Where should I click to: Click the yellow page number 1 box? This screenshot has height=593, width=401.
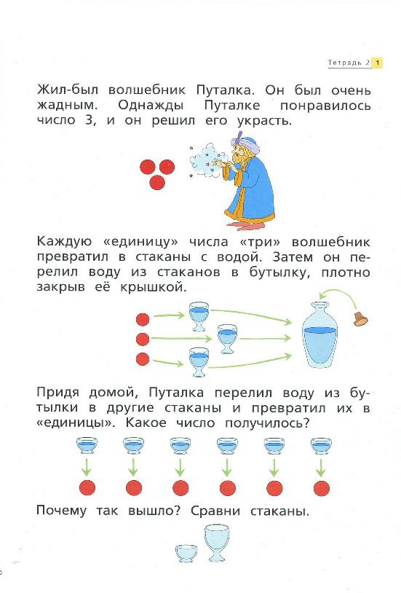(378, 63)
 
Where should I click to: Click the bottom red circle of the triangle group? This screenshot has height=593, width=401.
(156, 182)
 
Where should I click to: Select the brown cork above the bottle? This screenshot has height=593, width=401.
(360, 318)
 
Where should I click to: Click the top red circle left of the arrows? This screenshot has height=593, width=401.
(143, 318)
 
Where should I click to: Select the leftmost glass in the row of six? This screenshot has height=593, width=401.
(87, 447)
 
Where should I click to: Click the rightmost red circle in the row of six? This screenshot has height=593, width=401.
(320, 487)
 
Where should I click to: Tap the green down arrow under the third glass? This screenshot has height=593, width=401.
(180, 466)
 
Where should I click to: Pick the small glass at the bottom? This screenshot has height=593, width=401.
(186, 552)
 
